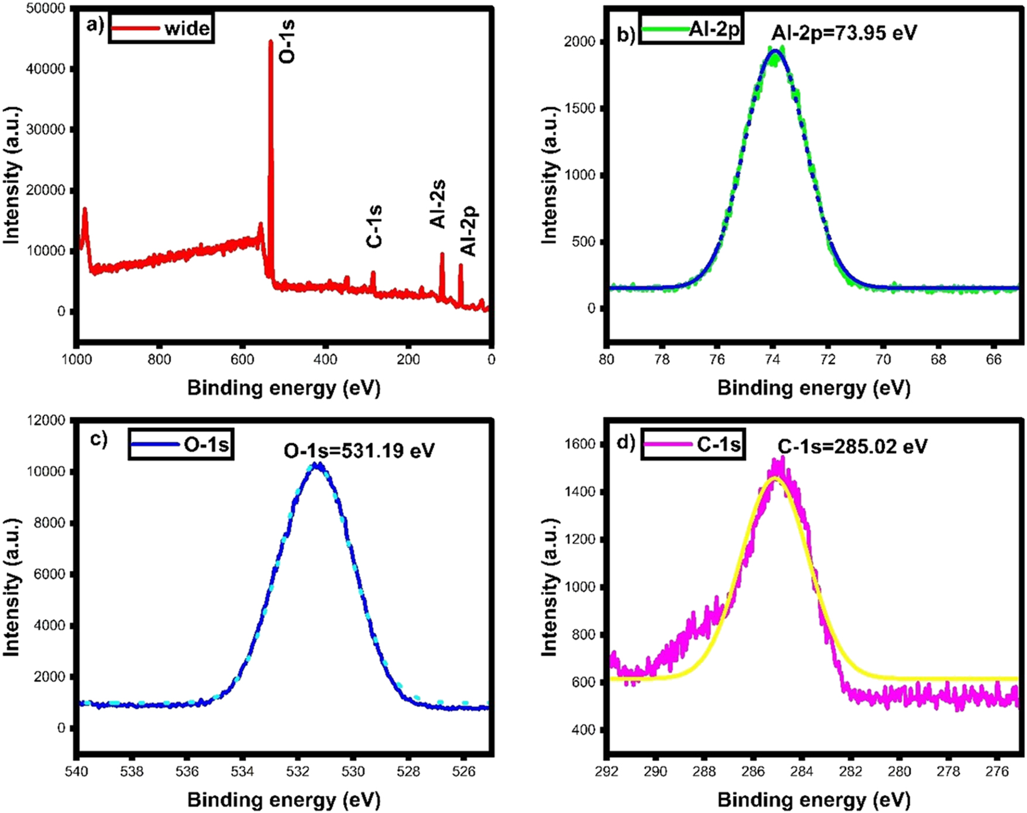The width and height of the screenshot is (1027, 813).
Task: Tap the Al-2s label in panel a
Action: point(438,204)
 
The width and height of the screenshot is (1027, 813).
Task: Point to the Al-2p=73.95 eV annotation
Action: point(844,32)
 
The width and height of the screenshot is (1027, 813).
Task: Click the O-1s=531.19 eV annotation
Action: point(359,450)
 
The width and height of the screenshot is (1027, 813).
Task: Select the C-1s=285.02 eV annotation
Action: point(852,447)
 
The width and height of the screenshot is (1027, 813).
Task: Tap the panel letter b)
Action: point(626,35)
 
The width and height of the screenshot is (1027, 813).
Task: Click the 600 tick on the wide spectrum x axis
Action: point(242,359)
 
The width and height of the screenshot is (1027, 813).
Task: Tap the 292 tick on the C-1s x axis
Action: point(607,771)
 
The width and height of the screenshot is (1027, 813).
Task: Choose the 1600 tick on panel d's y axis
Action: point(581,444)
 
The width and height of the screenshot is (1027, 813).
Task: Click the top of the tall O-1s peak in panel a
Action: point(270,41)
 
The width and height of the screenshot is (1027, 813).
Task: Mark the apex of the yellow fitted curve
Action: point(775,478)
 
